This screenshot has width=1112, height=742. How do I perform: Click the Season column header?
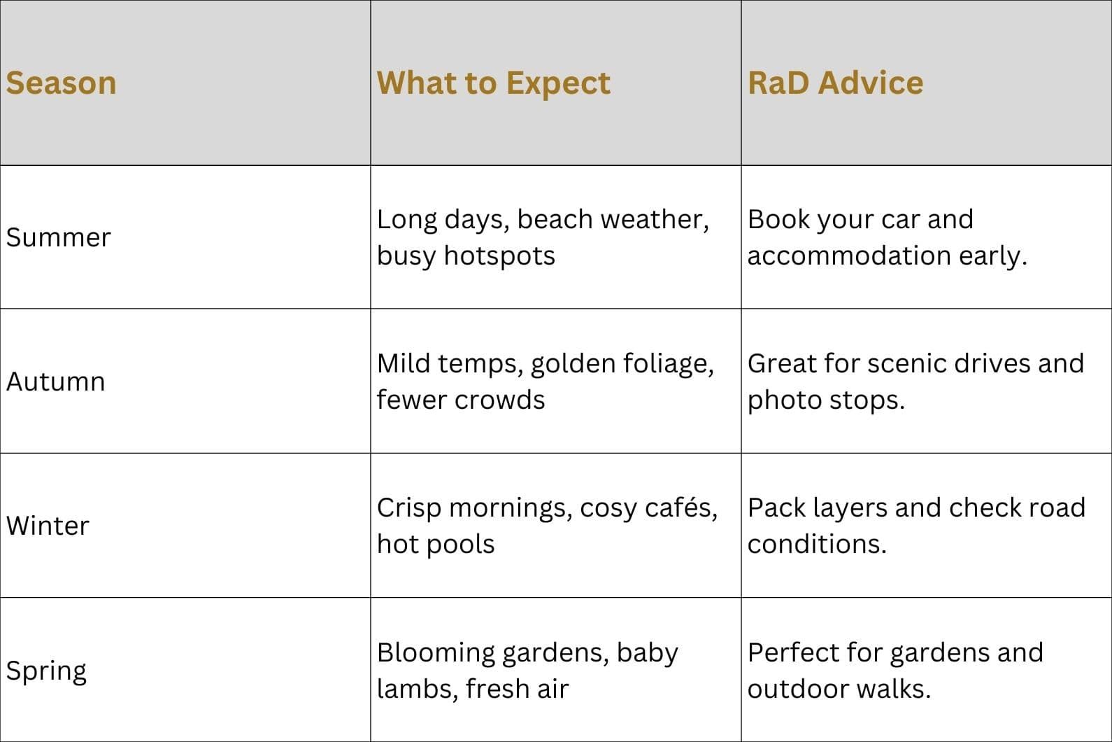tap(61, 83)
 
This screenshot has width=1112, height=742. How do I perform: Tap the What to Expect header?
tap(494, 83)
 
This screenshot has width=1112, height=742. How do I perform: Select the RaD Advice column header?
tap(836, 83)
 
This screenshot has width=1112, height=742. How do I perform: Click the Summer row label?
tap(58, 237)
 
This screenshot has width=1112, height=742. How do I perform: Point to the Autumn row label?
tap(56, 381)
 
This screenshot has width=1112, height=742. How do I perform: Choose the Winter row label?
tap(48, 526)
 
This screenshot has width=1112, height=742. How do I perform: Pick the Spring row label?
tap(46, 671)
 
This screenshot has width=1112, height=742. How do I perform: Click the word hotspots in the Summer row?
tap(499, 256)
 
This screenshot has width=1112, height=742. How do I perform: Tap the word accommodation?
tap(850, 256)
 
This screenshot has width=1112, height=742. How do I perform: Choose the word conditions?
tap(817, 544)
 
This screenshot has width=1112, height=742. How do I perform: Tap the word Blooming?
tap(436, 653)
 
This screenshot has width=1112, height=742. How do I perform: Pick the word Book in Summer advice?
tap(778, 219)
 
